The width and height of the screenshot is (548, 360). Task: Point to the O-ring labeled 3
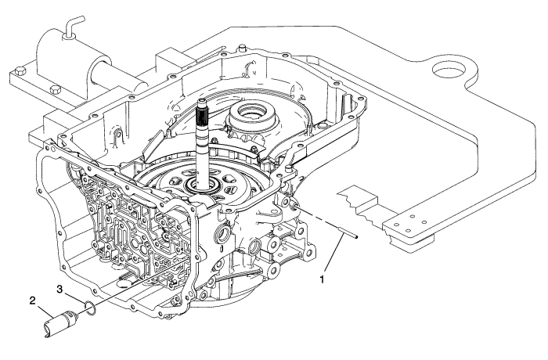pos(92,306)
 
